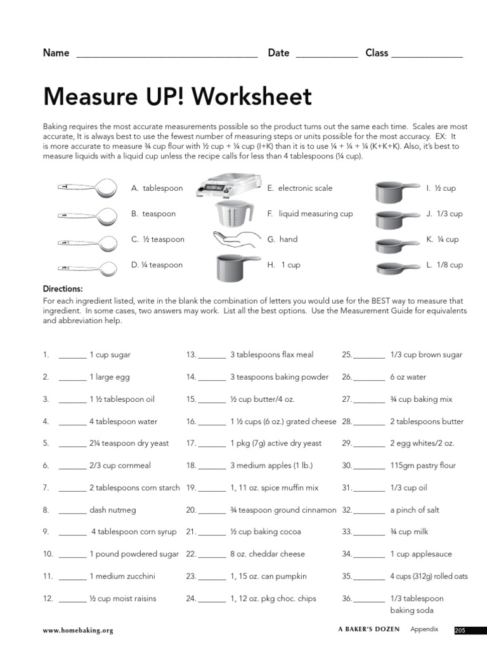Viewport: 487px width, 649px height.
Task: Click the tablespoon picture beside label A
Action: click(89, 187)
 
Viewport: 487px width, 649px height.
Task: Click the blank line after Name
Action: click(167, 55)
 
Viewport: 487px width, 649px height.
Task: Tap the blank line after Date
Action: click(327, 55)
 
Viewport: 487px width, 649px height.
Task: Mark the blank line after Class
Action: click(427, 55)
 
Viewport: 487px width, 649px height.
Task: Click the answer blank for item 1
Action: click(72, 357)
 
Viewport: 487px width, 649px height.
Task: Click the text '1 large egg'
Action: click(110, 377)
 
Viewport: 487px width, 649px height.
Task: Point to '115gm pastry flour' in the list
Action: click(422, 465)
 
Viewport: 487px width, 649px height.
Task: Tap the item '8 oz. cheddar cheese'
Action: click(267, 554)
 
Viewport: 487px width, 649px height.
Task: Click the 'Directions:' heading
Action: click(63, 288)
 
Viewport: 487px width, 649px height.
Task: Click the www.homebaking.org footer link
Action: click(78, 631)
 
